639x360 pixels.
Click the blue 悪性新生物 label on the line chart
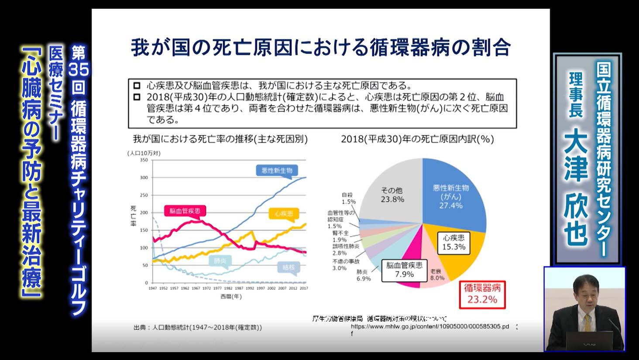coord(277,171)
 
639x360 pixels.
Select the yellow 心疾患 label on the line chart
coord(284,214)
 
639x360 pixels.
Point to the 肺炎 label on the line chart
coord(220,261)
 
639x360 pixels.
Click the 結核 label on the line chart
coord(289,267)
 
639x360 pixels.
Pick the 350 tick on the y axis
coord(144,160)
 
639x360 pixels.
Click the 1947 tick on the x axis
coord(152,288)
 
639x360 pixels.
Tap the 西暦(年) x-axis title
coord(231,297)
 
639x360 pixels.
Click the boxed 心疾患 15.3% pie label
coord(454,242)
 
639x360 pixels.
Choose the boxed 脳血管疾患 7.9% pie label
coord(404,270)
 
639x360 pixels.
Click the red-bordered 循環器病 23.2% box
coord(482,293)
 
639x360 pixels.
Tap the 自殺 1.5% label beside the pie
coord(348,199)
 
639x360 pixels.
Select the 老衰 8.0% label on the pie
coord(437,274)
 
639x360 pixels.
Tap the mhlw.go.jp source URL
coord(429,326)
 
